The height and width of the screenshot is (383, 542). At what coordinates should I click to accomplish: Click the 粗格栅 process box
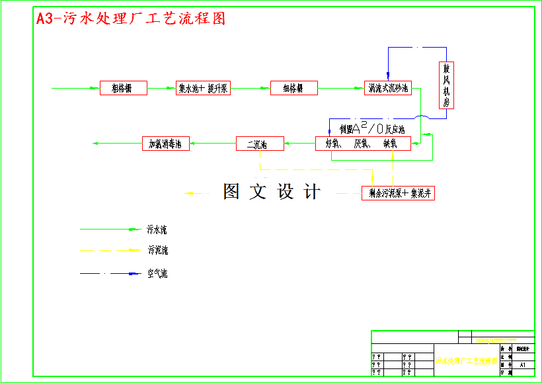pyautogui.click(x=124, y=88)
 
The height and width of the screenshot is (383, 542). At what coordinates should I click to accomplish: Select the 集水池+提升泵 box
pyautogui.click(x=203, y=88)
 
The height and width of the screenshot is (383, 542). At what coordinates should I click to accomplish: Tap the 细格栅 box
pyautogui.click(x=294, y=88)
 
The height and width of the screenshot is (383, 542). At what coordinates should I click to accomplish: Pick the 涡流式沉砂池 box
pyautogui.click(x=389, y=88)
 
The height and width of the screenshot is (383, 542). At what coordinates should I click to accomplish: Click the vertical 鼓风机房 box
pyautogui.click(x=447, y=85)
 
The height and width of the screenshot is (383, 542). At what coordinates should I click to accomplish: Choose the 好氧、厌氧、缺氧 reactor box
pyautogui.click(x=362, y=143)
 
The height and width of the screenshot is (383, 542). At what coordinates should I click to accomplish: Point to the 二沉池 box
pyautogui.click(x=260, y=144)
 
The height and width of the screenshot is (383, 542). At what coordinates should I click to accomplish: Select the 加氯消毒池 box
pyautogui.click(x=166, y=143)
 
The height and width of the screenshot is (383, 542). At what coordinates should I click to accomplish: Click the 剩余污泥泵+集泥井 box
pyautogui.click(x=399, y=193)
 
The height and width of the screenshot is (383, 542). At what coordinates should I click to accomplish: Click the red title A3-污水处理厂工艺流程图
pyautogui.click(x=131, y=19)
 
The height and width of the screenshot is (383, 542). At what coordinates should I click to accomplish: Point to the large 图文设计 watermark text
pyautogui.click(x=272, y=192)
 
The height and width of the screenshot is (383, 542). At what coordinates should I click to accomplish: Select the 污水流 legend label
pyautogui.click(x=157, y=230)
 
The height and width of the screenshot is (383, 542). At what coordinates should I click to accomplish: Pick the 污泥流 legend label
pyautogui.click(x=157, y=251)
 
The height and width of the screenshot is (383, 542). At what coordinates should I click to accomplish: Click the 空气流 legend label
pyautogui.click(x=157, y=273)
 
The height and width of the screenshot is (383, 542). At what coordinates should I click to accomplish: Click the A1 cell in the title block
pyautogui.click(x=523, y=364)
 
